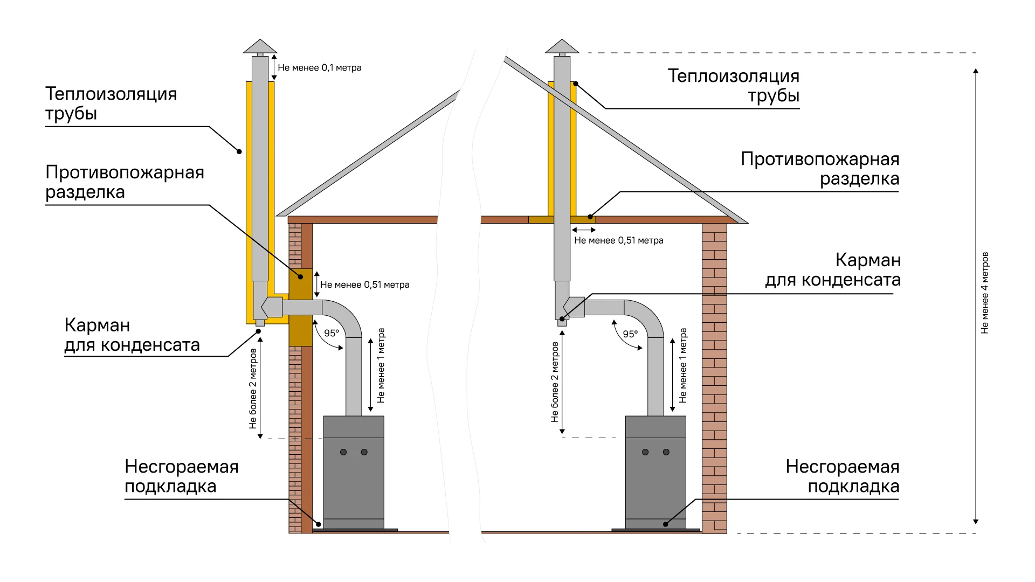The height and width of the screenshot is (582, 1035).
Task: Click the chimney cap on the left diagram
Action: pos(260,47)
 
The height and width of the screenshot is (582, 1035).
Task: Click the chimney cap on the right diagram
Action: pos(562,47)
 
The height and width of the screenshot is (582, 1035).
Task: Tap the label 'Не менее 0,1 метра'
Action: pos(319,68)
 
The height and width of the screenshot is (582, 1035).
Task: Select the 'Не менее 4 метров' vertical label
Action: pos(985,293)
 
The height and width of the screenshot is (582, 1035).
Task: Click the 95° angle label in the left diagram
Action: pos(332,333)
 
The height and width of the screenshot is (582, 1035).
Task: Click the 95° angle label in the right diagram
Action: pos(630,334)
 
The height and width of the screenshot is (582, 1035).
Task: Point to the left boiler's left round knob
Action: pos(343,452)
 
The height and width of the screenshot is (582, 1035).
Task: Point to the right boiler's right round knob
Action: pos(666,452)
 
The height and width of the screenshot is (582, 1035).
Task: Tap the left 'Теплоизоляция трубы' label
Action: pos(111,103)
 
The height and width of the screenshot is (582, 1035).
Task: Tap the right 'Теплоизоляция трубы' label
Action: pos(733,86)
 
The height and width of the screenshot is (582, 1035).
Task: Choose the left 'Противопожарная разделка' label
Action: pos(125,182)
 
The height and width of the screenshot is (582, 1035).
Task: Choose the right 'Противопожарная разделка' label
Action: pos(819,169)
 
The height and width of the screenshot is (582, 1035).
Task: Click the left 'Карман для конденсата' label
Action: pos(132,335)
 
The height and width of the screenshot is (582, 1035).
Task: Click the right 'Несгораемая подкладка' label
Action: pos(842,476)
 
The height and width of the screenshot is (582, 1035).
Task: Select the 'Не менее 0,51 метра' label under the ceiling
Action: pos(618,240)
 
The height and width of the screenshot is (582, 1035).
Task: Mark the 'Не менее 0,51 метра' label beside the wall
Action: pos(364,285)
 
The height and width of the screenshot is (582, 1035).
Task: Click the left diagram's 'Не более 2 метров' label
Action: pos(253,389)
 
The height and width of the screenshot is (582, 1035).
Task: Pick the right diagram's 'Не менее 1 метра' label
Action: pos(683,365)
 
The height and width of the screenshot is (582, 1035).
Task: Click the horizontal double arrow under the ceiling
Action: pos(584,230)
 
